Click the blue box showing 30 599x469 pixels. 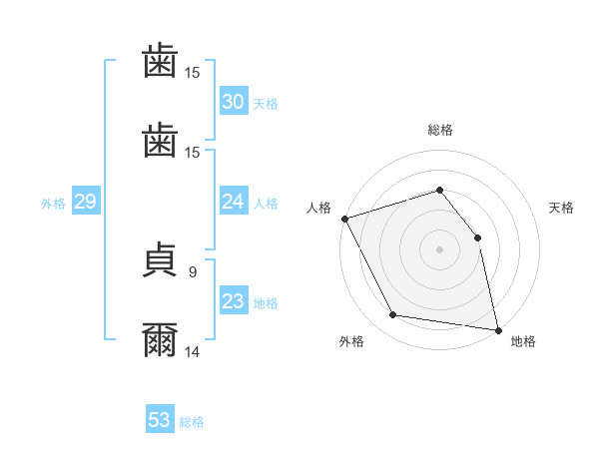(x=233, y=102)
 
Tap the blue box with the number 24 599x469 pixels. (x=233, y=202)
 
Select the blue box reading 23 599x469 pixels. (x=233, y=301)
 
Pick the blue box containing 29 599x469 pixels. (x=85, y=202)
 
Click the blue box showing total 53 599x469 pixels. (x=159, y=420)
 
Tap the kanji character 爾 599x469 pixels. (x=160, y=340)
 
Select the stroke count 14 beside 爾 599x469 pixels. (x=192, y=351)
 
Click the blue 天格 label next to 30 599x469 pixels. (x=266, y=103)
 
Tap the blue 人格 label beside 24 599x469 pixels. (x=266, y=203)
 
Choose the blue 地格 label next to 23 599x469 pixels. (x=266, y=302)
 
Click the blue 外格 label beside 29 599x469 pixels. (x=53, y=203)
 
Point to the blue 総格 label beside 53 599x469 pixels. (x=192, y=421)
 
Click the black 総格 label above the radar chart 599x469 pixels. (x=439, y=130)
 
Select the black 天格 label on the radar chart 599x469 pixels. (x=562, y=208)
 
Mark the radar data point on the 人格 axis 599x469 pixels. (x=344, y=219)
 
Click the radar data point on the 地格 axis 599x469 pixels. (x=497, y=328)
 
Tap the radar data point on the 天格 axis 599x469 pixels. (x=477, y=237)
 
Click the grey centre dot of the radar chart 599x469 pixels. (x=439, y=249)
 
